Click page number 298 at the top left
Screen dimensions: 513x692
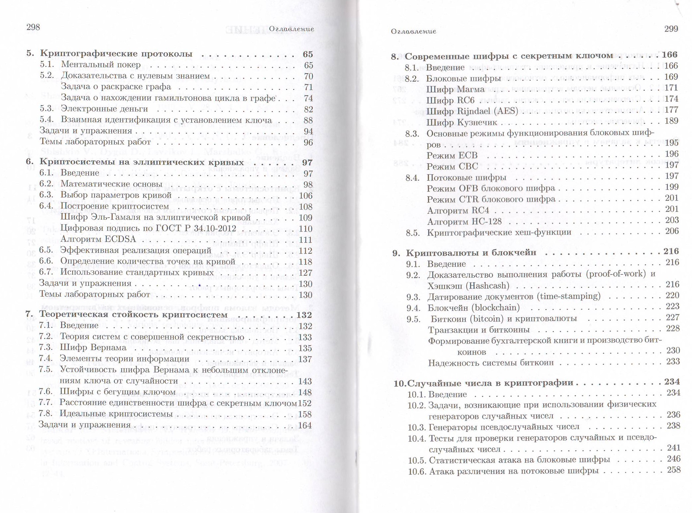click(33, 27)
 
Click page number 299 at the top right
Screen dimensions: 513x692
click(671, 29)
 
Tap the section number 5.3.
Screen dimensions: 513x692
click(47, 109)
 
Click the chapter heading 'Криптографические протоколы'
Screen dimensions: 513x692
click(116, 53)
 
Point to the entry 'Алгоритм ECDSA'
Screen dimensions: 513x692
click(98, 239)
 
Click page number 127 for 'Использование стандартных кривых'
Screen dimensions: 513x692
click(305, 273)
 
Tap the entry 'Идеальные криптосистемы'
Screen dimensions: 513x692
click(116, 414)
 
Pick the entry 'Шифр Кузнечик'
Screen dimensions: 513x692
click(462, 122)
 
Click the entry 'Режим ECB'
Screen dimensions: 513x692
click(452, 155)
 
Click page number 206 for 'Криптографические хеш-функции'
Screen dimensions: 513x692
click(672, 231)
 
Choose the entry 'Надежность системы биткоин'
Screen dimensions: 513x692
click(491, 363)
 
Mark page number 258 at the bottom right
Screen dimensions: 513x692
click(674, 470)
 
